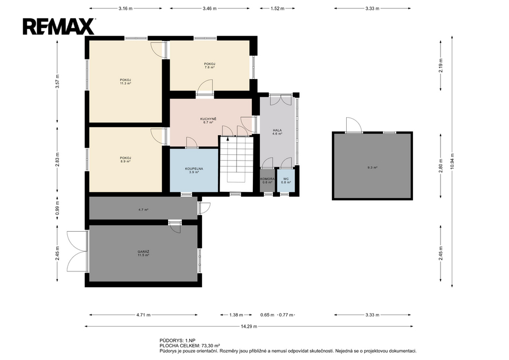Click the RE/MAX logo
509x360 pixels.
point(59,27)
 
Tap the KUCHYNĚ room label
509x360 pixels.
point(208,119)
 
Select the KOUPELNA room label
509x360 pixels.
point(194,169)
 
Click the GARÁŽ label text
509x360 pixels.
point(143,252)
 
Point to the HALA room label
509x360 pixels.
point(277,130)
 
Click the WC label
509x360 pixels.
point(286,179)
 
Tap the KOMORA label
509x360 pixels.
point(267,179)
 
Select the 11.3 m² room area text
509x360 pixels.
point(125,83)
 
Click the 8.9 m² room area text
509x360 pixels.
point(125,161)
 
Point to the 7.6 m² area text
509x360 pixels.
point(209,67)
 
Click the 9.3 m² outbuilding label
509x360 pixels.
point(372,168)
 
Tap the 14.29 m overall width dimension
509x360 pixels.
point(249,326)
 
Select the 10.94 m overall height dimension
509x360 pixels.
point(452,161)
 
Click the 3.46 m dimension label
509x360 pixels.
point(210,8)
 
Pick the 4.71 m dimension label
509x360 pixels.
point(144,314)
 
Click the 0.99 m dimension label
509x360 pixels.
point(57,210)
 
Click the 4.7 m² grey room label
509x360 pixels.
point(143,210)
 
